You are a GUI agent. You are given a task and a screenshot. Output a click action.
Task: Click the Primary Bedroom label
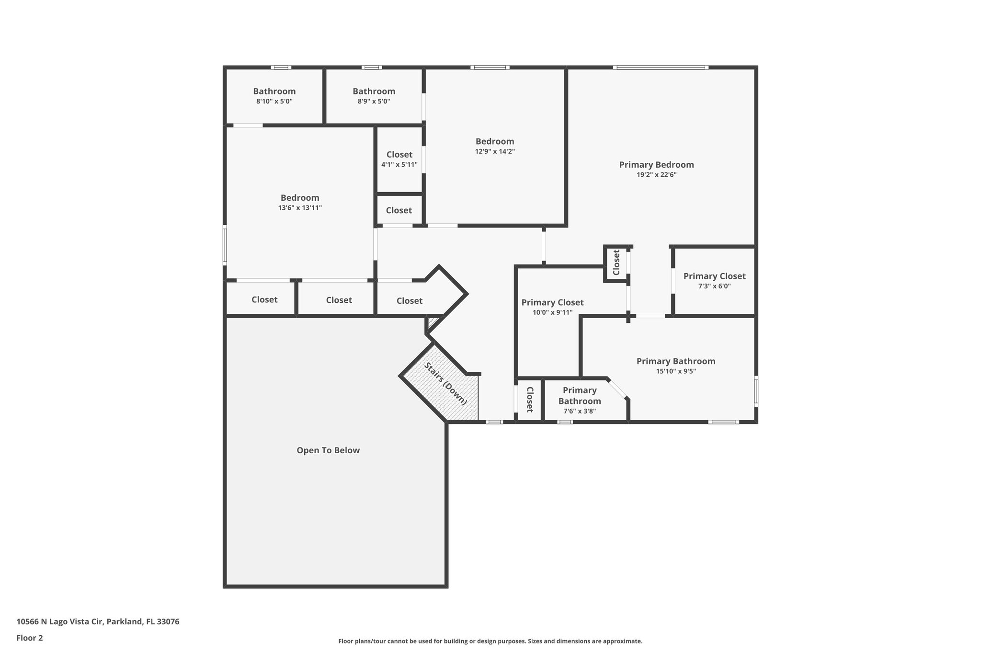click(x=656, y=165)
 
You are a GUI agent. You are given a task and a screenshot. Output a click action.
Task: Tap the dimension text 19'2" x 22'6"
click(x=656, y=175)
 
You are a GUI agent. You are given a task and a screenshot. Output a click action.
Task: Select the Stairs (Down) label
click(x=445, y=384)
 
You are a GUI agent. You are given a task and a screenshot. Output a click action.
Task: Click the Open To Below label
click(x=328, y=450)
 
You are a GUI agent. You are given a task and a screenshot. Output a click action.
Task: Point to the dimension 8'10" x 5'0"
click(x=274, y=102)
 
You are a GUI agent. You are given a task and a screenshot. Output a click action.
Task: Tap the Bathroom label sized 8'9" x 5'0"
click(x=374, y=91)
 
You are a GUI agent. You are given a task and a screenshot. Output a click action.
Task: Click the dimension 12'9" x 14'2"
click(x=495, y=151)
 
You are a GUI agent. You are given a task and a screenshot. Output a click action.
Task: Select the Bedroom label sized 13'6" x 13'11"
click(x=300, y=198)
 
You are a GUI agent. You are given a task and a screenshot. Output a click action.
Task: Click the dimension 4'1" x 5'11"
click(x=399, y=165)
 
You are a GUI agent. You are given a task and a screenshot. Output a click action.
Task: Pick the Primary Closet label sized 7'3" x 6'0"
click(x=714, y=276)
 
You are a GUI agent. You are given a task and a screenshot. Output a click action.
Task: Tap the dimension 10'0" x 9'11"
click(x=552, y=313)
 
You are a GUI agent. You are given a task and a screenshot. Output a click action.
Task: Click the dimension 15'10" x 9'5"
click(x=676, y=371)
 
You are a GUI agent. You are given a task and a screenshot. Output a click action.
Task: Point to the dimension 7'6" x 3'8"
click(x=580, y=411)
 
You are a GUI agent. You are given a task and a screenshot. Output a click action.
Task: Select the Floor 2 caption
click(x=30, y=638)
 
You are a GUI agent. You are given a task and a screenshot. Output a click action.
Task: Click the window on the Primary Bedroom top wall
click(x=661, y=68)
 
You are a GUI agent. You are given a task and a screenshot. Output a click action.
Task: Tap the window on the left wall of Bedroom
click(x=225, y=245)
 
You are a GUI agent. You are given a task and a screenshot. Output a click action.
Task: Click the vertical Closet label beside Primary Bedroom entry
click(x=616, y=263)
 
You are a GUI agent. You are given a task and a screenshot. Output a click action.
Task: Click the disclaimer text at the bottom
click(x=490, y=641)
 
